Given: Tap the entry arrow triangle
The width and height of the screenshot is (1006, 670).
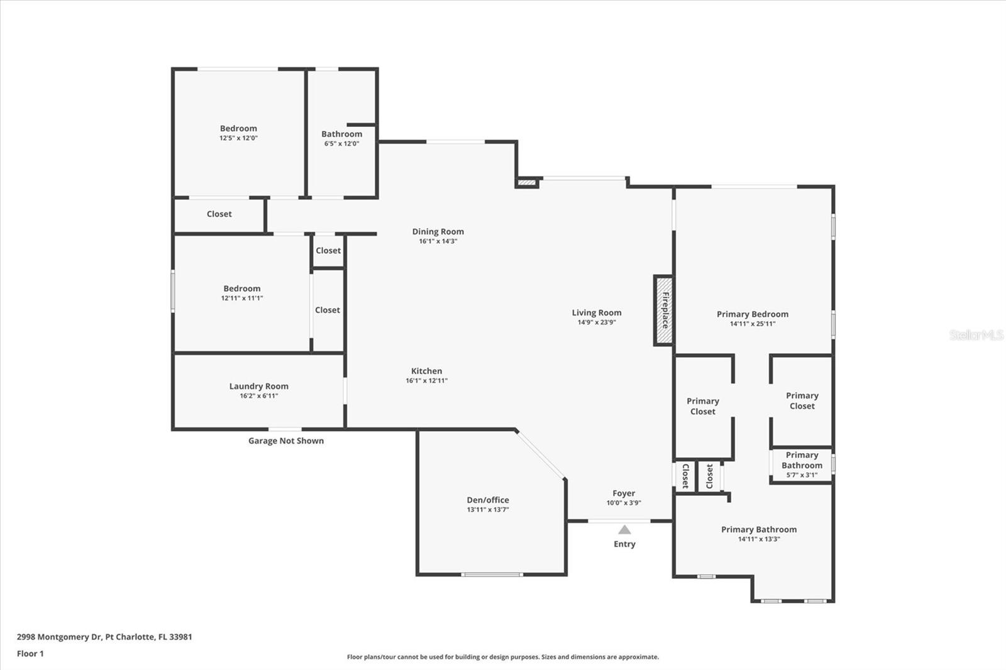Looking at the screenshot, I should tap(624, 530).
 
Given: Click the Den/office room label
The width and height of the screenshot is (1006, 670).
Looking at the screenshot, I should tap(488, 500).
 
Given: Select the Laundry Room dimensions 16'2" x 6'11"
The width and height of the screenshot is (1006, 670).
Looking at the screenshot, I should tap(258, 396).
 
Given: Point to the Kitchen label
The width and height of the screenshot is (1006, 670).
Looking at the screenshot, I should tap(426, 371).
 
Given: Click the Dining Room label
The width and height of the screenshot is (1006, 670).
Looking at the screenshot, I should tap(438, 231).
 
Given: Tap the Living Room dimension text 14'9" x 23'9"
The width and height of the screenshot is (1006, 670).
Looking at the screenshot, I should tap(597, 322).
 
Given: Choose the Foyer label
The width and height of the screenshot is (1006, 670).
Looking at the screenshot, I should tap(624, 493).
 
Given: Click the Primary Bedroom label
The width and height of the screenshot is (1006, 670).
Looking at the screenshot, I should tap(752, 314).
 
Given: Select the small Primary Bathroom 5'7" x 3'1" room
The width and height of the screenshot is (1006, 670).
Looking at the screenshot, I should tap(802, 465).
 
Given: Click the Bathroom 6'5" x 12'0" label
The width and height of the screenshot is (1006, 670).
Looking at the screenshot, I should tap(341, 134).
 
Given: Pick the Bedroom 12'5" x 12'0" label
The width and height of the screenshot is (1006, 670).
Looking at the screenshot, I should tap(238, 128).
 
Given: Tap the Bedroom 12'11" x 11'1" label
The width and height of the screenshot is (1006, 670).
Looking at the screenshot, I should tap(242, 288).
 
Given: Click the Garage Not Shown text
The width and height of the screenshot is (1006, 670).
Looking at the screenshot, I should tap(286, 441).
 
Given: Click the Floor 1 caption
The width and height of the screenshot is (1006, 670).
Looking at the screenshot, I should tap(30, 654).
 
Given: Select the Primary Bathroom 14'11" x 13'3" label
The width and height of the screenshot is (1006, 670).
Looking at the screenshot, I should tap(759, 529).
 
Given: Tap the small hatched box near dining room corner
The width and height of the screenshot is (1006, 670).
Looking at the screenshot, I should tap(527, 183).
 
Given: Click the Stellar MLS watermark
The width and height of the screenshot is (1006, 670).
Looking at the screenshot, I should tap(976, 335).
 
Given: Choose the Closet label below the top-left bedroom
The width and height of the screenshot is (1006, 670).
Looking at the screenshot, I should tap(219, 214).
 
